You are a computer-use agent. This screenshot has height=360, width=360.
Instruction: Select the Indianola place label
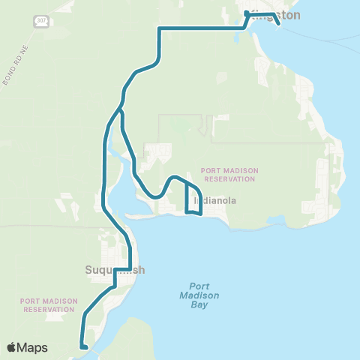pos(214,201)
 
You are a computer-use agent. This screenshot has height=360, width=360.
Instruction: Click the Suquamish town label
pos(114,270)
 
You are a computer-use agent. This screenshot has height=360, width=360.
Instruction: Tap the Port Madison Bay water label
pos(199,295)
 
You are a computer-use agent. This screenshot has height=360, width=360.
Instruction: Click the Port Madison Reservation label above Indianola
pos(229,175)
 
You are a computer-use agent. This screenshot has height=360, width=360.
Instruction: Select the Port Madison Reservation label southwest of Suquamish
pos(49,304)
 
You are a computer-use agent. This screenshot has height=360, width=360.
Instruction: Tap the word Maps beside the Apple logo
pos(34,347)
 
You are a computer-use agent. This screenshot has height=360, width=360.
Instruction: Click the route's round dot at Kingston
pos(247,13)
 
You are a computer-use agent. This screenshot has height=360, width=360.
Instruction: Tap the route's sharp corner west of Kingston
pos(160,28)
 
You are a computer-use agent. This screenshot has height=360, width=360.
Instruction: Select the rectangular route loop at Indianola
pos(193,199)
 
